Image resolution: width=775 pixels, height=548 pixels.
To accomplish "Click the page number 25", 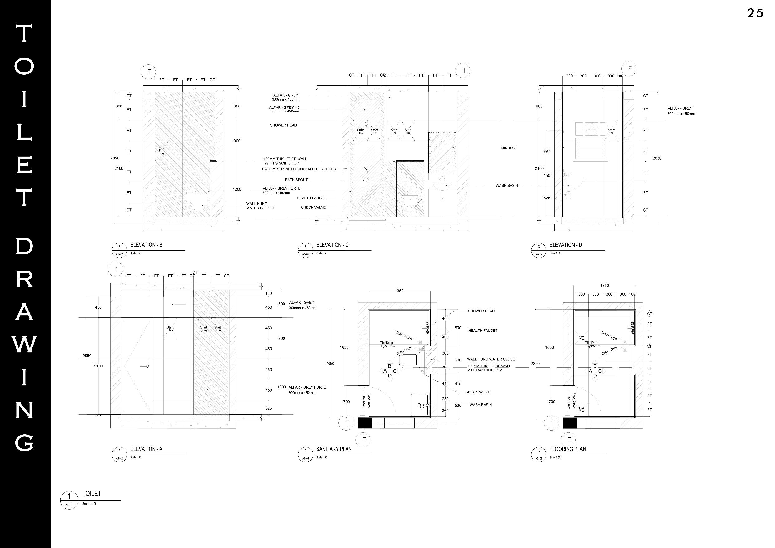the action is [755, 13].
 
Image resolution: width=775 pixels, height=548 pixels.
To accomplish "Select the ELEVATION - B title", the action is [146, 245].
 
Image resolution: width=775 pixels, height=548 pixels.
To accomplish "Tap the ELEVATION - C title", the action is [332, 245].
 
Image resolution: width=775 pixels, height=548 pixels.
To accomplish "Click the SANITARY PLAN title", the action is [334, 449].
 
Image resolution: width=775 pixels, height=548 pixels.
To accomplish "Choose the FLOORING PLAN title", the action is [568, 449].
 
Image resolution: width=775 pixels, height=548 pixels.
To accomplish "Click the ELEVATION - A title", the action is [146, 449].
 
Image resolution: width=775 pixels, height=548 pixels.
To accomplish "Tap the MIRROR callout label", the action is [508, 148].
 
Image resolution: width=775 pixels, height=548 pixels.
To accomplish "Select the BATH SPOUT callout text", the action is [296, 180].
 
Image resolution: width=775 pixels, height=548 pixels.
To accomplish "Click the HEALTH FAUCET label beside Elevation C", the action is [312, 198].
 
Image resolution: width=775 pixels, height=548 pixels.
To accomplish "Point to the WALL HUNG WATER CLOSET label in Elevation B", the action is [260, 206].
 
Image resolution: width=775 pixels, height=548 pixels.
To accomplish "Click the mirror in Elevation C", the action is [442, 152].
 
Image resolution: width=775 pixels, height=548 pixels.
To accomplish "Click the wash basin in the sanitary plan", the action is [420, 405].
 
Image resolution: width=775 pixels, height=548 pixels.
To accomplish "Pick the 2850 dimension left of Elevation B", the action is [115, 158].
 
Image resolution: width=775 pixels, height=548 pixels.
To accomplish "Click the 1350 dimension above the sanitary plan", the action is [399, 291].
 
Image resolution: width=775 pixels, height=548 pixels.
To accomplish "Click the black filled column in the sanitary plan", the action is [364, 423].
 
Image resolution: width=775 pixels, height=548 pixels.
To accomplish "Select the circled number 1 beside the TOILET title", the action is [69, 496].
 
